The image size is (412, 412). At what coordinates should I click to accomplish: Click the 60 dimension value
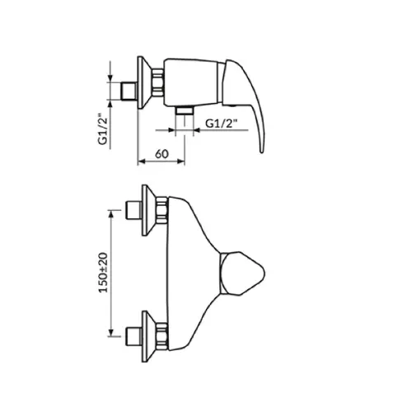click(x=162, y=154)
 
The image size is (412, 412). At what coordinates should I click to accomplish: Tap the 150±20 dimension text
click(x=104, y=273)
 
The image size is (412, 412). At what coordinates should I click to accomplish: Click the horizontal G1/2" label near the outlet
click(x=221, y=124)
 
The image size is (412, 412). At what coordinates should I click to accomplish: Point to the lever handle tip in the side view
click(x=262, y=152)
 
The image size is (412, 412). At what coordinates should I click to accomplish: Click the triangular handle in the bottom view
click(x=242, y=274)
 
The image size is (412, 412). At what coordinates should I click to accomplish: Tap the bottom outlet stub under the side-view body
click(x=185, y=111)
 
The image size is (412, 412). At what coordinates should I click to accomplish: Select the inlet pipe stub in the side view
click(x=129, y=91)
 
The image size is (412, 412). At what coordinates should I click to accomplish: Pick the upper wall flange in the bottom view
click(x=148, y=210)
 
